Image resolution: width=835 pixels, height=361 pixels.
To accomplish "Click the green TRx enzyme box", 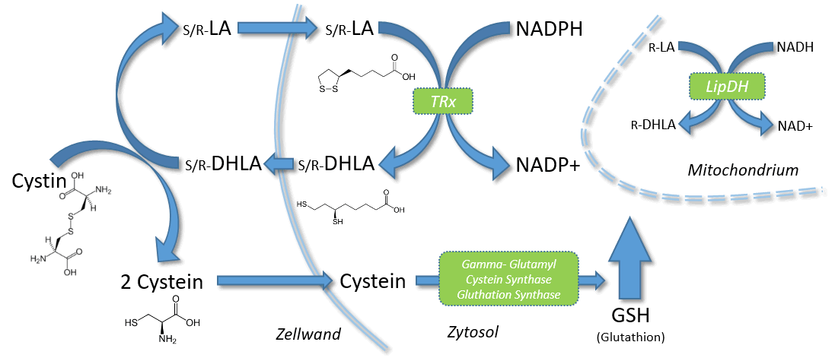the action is point(442,101).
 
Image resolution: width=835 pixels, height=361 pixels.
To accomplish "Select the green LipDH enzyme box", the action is point(728,86).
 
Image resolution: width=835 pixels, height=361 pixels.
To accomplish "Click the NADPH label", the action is point(549,29).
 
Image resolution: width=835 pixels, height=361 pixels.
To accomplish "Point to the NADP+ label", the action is point(547,166).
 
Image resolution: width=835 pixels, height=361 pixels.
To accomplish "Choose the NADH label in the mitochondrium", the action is point(795,48).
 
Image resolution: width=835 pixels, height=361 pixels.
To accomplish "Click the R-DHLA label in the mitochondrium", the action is point(652,125).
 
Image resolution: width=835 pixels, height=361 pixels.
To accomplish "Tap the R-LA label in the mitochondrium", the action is point(662,48).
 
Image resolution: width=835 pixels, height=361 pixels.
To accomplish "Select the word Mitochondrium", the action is point(743,170).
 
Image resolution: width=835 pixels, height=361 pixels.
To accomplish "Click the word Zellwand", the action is point(308,334).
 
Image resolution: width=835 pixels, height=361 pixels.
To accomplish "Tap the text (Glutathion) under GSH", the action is point(631,337).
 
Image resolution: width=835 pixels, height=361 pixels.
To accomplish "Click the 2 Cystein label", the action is point(162,282).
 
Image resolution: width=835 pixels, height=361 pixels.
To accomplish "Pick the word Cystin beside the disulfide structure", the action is point(39,182).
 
